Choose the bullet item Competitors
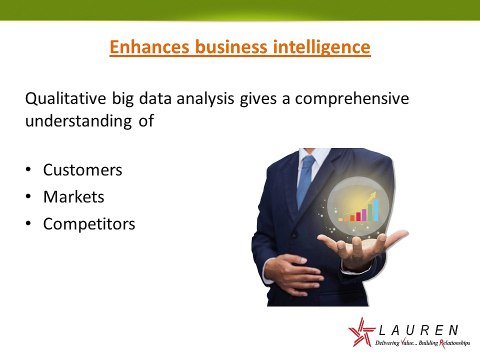pyautogui.click(x=88, y=224)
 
